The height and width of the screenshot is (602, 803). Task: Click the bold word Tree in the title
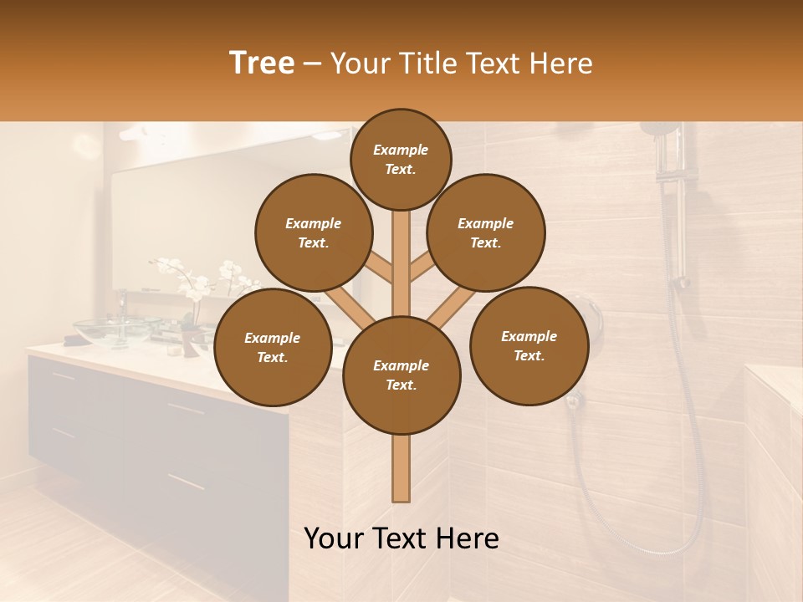(262, 64)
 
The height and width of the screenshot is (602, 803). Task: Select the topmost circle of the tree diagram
(401, 159)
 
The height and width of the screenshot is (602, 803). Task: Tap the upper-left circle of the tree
(314, 233)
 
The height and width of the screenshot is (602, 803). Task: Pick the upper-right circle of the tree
(486, 233)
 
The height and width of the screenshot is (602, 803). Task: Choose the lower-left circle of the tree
(273, 348)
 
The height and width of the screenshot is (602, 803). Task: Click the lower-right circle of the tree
(529, 346)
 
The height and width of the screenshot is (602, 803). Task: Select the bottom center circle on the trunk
(401, 375)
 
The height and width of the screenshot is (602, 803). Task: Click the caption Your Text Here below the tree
(401, 538)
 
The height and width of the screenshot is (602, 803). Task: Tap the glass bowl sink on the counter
(117, 329)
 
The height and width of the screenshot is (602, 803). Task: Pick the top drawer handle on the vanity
(186, 409)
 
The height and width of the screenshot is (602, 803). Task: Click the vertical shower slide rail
(680, 209)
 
